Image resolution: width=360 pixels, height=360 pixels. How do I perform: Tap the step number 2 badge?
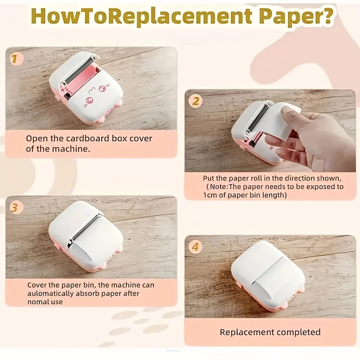tap(195, 101)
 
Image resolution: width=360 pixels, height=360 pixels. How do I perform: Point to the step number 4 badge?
tap(195, 247)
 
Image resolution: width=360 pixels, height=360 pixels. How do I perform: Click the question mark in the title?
tap(328, 17)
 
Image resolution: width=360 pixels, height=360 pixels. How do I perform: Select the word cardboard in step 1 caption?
tap(93, 139)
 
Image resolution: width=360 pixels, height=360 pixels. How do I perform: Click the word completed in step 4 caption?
tap(298, 333)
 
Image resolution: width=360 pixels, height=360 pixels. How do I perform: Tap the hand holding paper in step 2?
tap(310, 139)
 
